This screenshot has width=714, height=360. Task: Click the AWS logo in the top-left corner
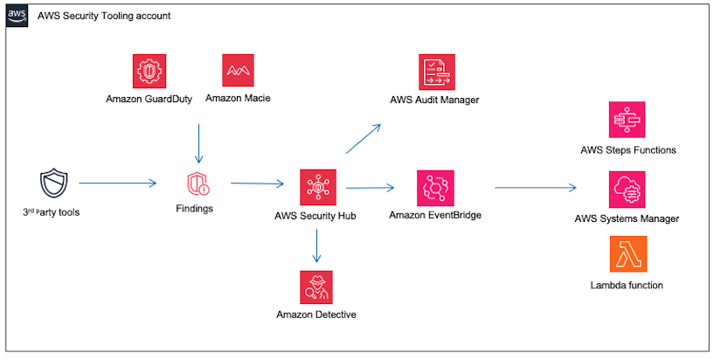pos(17,16)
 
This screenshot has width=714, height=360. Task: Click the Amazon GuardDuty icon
pos(149,71)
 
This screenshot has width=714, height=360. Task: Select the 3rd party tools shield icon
pos(53,184)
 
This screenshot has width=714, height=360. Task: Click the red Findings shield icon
pos(198,185)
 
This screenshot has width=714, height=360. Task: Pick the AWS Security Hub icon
pos(316,186)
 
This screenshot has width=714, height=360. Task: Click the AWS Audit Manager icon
pos(434,71)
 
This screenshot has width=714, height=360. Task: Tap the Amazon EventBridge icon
pos(434,187)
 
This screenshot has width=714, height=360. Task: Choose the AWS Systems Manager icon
pos(627,189)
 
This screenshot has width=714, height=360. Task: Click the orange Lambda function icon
pos(627,254)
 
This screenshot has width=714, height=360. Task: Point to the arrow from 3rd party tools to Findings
pos(118,183)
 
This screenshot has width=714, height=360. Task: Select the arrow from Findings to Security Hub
pos(258,184)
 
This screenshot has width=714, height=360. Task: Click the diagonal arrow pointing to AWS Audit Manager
pos(363,139)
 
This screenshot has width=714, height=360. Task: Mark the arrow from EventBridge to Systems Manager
pos(535,187)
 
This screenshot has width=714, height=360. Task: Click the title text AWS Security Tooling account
pos(104,16)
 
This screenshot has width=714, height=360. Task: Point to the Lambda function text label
pos(627,285)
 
